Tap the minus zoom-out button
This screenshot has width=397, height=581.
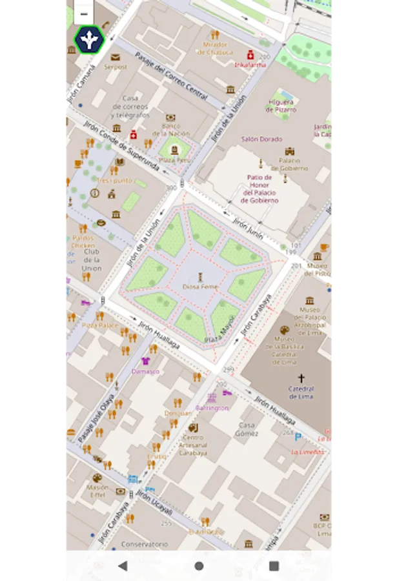[x=84, y=13]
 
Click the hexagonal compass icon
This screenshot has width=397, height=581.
[x=88, y=40]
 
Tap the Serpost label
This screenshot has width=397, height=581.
[x=116, y=66]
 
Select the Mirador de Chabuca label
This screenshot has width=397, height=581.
[x=215, y=48]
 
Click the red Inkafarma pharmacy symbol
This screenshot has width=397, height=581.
[x=250, y=55]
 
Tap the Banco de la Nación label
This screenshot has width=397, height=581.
[x=171, y=129]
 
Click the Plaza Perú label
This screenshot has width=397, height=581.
[x=174, y=159]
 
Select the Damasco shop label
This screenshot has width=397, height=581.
[x=145, y=371]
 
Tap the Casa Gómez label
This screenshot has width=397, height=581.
[x=247, y=429]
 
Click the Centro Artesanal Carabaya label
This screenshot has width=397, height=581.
[x=192, y=446]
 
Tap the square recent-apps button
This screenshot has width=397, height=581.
[x=274, y=566]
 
